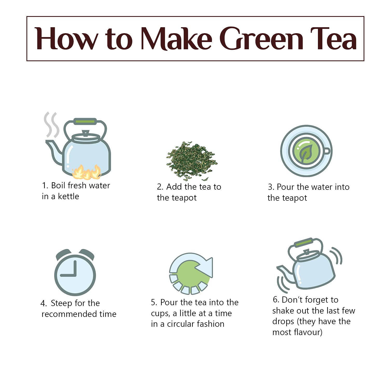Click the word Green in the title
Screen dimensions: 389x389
coord(261,39)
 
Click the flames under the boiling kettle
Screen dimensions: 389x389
coord(86,172)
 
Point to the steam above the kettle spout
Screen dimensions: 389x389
coord(51,124)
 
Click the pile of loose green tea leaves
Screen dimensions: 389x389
coord(191,161)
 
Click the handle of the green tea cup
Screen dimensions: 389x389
coord(327,151)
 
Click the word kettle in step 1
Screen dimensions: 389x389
coord(68,196)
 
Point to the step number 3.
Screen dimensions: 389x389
coord(271,187)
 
